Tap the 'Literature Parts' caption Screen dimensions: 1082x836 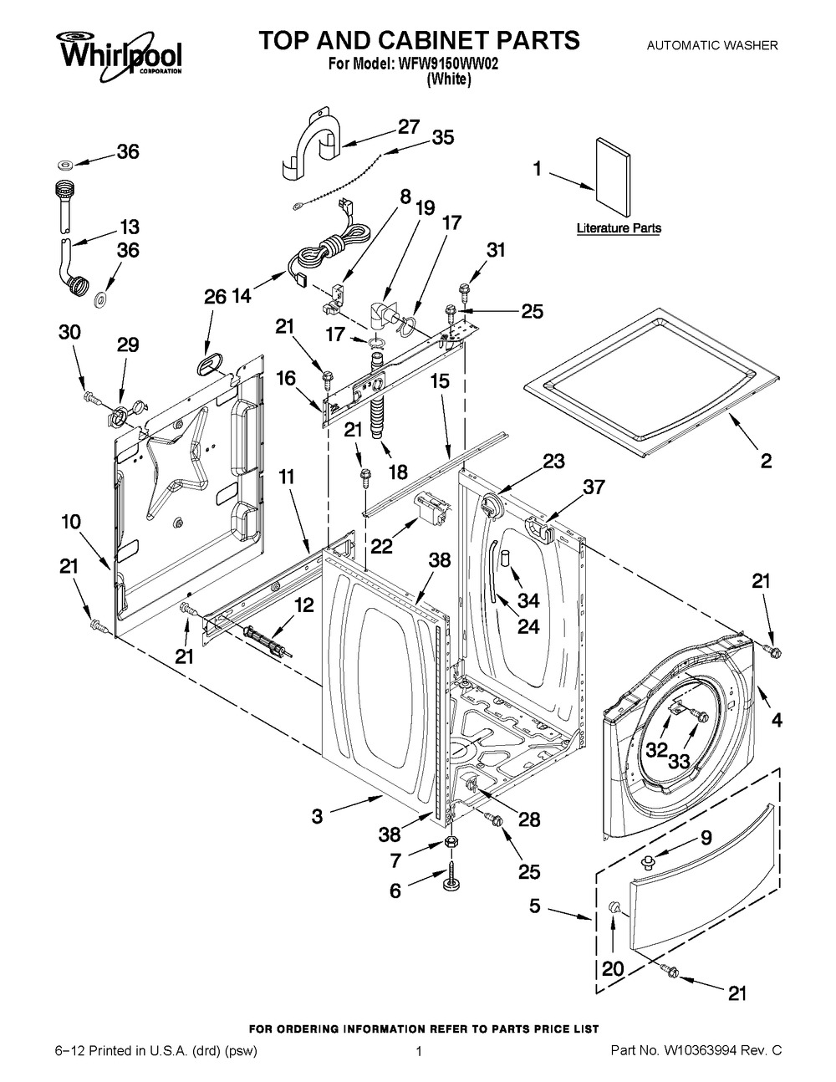[619, 228]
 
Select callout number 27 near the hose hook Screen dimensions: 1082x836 [408, 127]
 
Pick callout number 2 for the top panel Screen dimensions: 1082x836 [766, 459]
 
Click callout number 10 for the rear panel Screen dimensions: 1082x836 [71, 522]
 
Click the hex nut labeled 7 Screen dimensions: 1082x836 [450, 840]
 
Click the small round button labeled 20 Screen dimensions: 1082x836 [614, 908]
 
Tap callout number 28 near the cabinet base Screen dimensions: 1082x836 [528, 819]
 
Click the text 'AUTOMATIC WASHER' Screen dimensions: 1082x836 [712, 45]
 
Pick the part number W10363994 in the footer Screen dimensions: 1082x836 [713, 1050]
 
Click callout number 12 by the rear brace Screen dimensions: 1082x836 [304, 605]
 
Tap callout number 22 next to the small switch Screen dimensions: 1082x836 [381, 545]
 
